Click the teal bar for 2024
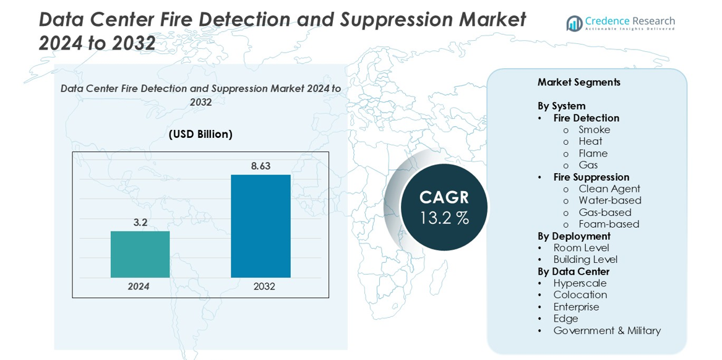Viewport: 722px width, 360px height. pos(140,254)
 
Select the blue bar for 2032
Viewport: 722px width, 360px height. pos(260,226)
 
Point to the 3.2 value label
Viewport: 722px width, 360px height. pos(140,222)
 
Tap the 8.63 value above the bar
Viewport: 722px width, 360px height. pos(260,166)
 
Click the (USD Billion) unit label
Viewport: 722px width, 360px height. pos(200,134)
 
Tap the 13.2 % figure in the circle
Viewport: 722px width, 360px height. pos(444,218)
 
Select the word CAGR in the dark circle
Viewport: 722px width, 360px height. pos(444,197)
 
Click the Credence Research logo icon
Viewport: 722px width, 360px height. pos(574,24)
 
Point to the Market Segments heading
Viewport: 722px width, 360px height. pos(578,82)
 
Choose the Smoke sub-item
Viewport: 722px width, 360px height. pos(594,129)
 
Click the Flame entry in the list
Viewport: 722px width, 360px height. pos(593,153)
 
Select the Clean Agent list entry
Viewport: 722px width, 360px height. pos(609,189)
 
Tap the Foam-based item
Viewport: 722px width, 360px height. pos(609,224)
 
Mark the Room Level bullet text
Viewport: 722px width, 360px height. pos(581,247)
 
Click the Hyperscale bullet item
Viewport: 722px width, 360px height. pos(580,283)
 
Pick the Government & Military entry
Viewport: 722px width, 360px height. pos(606,330)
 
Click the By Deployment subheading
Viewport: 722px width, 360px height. pos(574,236)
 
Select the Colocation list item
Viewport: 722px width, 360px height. pos(580,294)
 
